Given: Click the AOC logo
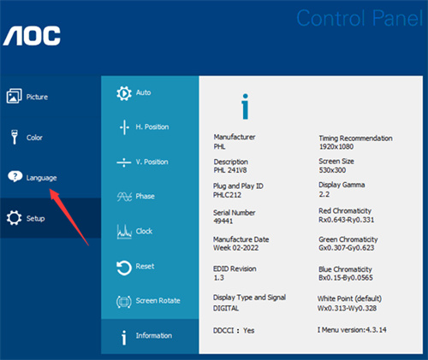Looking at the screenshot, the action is pyautogui.click(x=32, y=36).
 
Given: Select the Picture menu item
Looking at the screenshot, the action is pyautogui.click(x=27, y=96).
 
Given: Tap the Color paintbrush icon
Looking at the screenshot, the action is pyautogui.click(x=15, y=137).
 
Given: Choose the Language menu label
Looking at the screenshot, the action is pyautogui.click(x=41, y=178).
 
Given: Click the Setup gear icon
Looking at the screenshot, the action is pyautogui.click(x=14, y=218).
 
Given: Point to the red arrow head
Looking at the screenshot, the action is pyautogui.click(x=54, y=194).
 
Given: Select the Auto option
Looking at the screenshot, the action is pyautogui.click(x=134, y=93).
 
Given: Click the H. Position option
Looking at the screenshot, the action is pyautogui.click(x=144, y=127).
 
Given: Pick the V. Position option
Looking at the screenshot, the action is pyautogui.click(x=142, y=162).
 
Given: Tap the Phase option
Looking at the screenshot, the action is pyautogui.click(x=136, y=197).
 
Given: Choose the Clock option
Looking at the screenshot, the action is pyautogui.click(x=134, y=231).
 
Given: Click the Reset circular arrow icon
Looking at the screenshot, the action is pyautogui.click(x=124, y=268).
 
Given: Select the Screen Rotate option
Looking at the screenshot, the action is pyautogui.click(x=148, y=301).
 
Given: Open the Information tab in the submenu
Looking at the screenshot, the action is pyautogui.click(x=146, y=337).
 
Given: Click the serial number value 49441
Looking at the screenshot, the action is pyautogui.click(x=223, y=221).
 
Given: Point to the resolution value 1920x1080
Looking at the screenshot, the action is pyautogui.click(x=336, y=147).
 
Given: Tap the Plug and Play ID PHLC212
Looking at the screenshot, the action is pyautogui.click(x=227, y=195).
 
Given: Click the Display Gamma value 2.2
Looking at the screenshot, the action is pyautogui.click(x=324, y=194).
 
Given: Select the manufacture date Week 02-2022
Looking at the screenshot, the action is pyautogui.click(x=235, y=248).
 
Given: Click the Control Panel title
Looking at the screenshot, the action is pyautogui.click(x=360, y=18).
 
